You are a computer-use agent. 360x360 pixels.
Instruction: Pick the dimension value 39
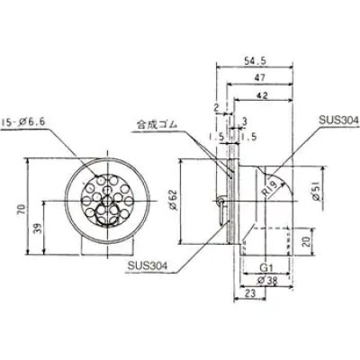[40, 229]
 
